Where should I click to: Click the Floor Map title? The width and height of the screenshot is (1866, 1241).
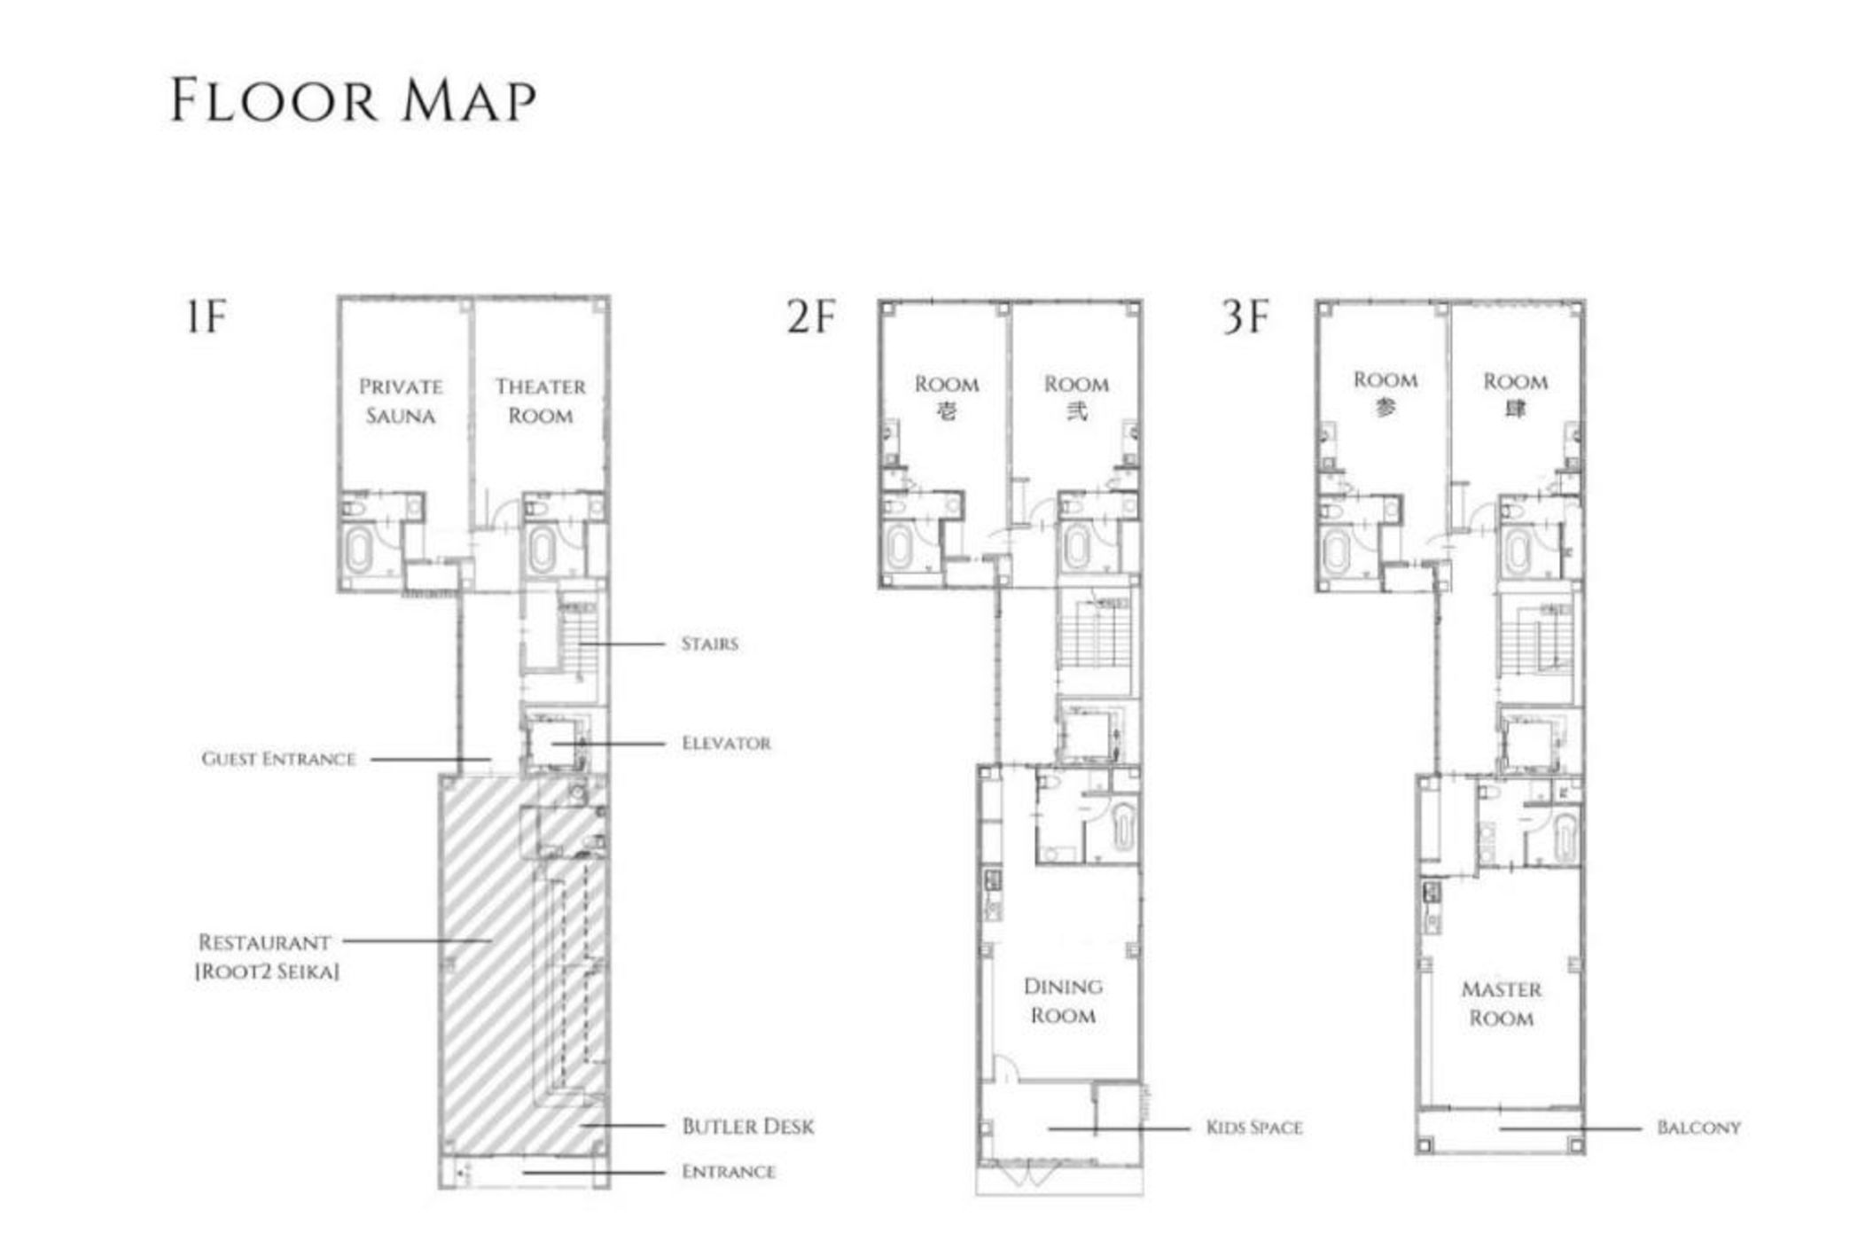pyautogui.click(x=352, y=100)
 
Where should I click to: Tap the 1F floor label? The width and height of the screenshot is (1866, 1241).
pyautogui.click(x=206, y=316)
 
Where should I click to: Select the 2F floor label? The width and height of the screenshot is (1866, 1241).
pyautogui.click(x=810, y=316)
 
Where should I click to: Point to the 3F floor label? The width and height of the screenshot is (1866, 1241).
pyautogui.click(x=1245, y=316)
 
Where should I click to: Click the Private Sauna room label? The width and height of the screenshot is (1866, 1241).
pyautogui.click(x=401, y=401)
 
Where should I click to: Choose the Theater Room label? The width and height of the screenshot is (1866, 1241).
pyautogui.click(x=540, y=401)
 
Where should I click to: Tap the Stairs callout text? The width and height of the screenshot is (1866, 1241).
pyautogui.click(x=709, y=644)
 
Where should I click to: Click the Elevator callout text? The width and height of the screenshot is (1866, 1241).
pyautogui.click(x=726, y=744)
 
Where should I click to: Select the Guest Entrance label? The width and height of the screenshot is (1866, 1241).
pyautogui.click(x=278, y=759)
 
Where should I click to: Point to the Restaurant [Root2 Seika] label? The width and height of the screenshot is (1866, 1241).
pyautogui.click(x=265, y=956)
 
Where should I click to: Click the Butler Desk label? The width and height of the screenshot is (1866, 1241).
pyautogui.click(x=747, y=1127)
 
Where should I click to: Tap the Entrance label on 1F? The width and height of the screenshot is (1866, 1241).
pyautogui.click(x=728, y=1172)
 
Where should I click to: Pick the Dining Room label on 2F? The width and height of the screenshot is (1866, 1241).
pyautogui.click(x=1063, y=1001)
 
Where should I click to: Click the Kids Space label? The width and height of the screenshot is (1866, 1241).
pyautogui.click(x=1253, y=1128)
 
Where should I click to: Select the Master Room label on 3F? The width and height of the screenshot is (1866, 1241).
pyautogui.click(x=1501, y=1003)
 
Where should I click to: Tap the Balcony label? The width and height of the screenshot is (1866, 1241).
pyautogui.click(x=1698, y=1128)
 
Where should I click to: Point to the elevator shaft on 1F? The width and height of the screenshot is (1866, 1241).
pyautogui.click(x=551, y=743)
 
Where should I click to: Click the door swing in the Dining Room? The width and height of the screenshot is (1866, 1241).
pyautogui.click(x=1004, y=1069)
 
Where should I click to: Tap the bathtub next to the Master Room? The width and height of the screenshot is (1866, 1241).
pyautogui.click(x=1564, y=838)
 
